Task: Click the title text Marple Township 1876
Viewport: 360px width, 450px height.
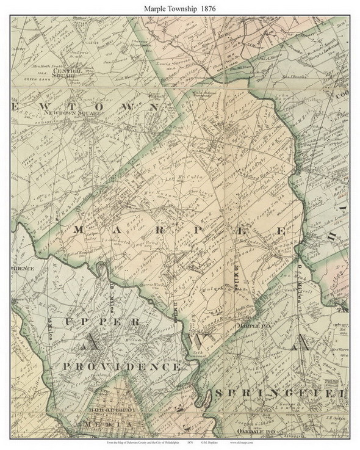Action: coord(179,7)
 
